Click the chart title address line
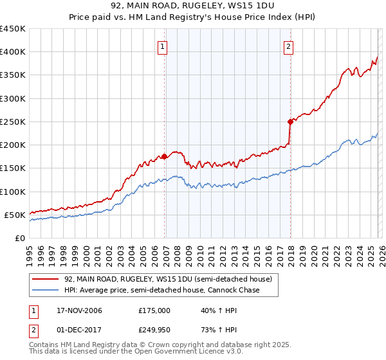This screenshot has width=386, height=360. (193, 6)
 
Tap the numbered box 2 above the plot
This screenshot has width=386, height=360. (289, 46)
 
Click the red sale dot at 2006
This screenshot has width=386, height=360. (165, 156)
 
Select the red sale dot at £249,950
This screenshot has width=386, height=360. (290, 121)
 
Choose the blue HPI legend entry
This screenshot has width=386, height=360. (161, 290)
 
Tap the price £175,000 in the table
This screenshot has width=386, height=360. (154, 310)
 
